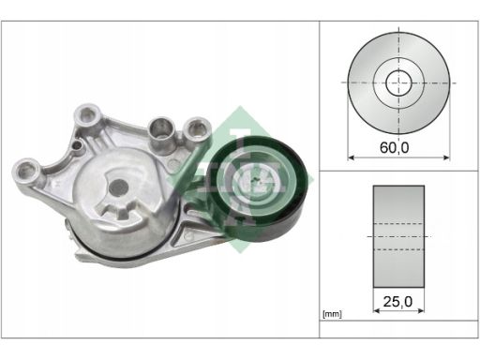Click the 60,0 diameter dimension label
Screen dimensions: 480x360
394,147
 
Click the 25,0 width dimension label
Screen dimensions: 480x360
397,302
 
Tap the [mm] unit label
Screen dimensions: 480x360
332,314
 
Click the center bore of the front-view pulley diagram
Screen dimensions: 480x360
398,83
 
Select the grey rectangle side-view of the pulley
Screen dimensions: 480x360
398,236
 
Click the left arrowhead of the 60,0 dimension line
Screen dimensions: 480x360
351,157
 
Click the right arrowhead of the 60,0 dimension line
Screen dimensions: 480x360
446,157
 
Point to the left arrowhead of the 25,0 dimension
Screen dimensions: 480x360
377,310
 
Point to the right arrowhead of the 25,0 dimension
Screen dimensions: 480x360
421,310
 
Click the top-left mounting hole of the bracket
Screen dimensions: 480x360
86,114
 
